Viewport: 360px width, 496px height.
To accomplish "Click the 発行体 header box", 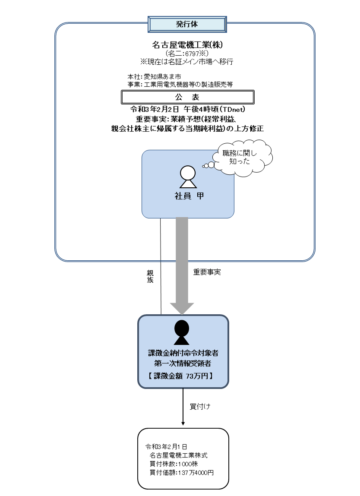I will point(187,24).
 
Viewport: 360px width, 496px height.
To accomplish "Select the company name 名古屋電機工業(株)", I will point(187,44).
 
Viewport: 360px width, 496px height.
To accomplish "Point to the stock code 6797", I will point(191,54).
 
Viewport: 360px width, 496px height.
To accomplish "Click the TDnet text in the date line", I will point(233,110).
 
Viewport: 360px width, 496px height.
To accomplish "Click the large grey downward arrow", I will point(182,263).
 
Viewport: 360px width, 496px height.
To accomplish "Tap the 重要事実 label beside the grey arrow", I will point(207,272).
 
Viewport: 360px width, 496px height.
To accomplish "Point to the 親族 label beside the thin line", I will point(150,276).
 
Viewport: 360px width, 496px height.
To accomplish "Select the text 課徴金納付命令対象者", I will point(183,353).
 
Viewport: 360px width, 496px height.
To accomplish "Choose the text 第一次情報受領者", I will point(183,364).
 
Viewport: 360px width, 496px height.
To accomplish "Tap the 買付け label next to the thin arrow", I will point(200,407).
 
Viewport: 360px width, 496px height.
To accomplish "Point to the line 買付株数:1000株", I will point(174,464).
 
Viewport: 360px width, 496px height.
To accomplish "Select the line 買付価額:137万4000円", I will point(181,472).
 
